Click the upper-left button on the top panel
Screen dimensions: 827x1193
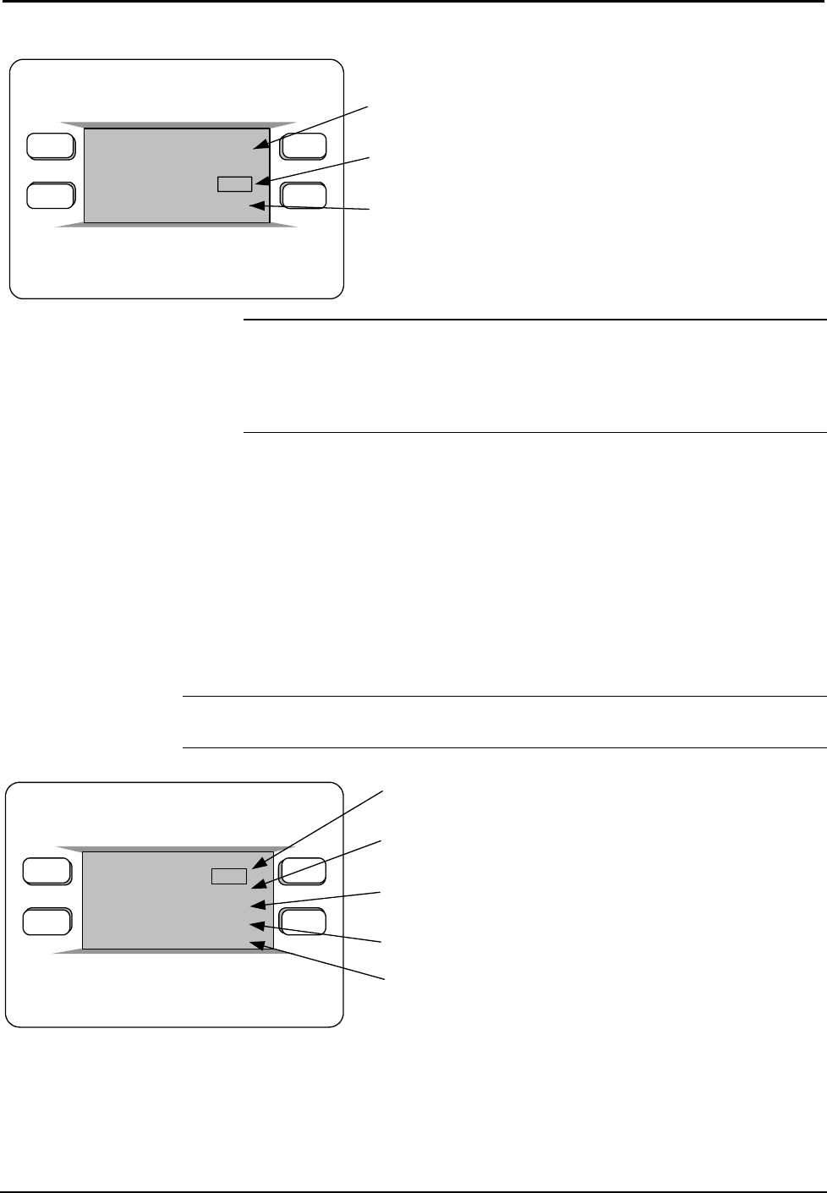point(50,146)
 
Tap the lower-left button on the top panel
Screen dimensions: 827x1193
point(50,195)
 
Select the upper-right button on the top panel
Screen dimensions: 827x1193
point(304,146)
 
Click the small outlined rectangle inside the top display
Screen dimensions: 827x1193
point(234,183)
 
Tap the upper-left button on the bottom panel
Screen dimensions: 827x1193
point(47,871)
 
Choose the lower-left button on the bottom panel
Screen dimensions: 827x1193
point(47,921)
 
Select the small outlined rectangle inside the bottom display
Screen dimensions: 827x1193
point(228,877)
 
